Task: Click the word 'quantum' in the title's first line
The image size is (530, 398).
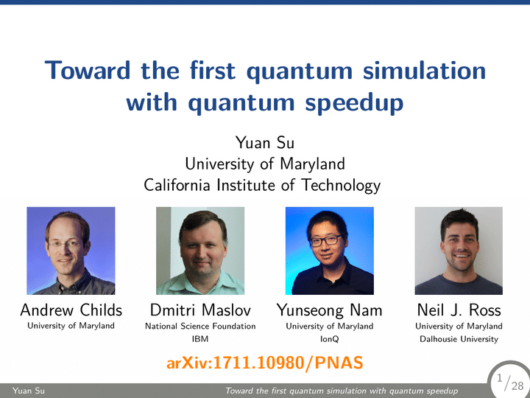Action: coord(300,71)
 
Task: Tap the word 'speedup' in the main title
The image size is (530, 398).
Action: coord(354,103)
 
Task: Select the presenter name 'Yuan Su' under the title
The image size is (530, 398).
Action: coord(265,142)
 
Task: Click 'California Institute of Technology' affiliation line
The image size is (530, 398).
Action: coord(262,186)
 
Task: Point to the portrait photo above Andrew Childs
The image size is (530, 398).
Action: coord(71,251)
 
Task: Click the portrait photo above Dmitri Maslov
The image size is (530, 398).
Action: coord(200,251)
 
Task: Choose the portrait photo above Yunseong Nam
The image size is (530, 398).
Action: coord(330,251)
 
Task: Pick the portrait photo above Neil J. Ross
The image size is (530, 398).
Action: coord(459,251)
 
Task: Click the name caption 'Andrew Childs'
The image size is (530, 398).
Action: coord(71,310)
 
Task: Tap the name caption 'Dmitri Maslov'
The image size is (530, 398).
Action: coord(200,310)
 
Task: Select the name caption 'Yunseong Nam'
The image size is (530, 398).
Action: coord(330,311)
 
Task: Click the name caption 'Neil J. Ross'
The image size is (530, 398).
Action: coord(459,310)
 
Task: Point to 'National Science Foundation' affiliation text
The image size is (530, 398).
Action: coord(200,327)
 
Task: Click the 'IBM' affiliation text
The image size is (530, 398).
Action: coord(200,339)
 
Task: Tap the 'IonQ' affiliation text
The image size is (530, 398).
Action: coord(330,339)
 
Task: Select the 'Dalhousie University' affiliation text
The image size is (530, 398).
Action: coord(459,339)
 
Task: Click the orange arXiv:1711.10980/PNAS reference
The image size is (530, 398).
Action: coord(265,363)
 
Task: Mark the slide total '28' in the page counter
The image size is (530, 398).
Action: coord(517,385)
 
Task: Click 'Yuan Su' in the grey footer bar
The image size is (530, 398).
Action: coord(29,391)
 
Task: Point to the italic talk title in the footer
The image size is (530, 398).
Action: coord(342,391)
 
